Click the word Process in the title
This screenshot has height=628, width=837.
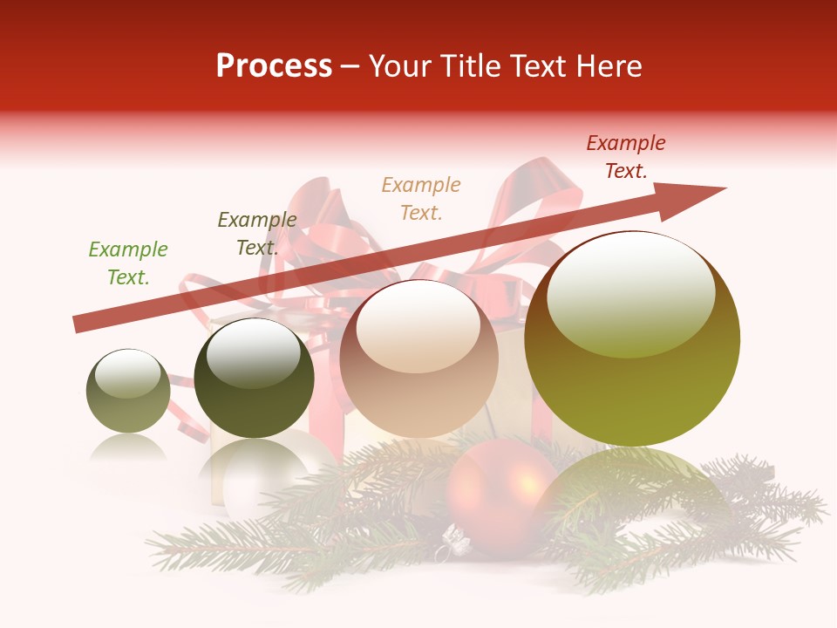click(274, 66)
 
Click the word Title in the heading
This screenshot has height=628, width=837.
click(462, 66)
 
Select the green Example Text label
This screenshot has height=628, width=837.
click(128, 263)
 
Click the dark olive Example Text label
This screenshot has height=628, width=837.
click(257, 234)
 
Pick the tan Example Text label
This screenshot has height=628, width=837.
click(421, 198)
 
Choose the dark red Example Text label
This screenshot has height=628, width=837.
click(626, 157)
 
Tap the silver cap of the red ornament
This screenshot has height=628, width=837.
click(456, 543)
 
